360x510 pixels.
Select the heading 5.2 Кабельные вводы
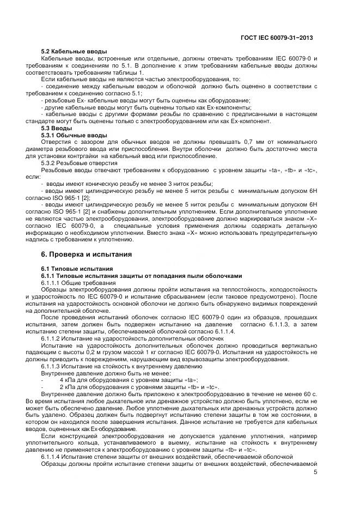coord(74,51)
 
